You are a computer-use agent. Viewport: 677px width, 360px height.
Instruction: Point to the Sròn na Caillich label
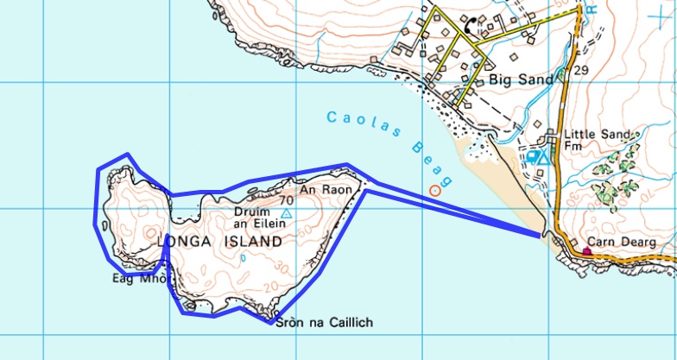(x=324, y=323)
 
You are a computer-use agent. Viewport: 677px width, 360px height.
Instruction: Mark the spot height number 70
(x=287, y=200)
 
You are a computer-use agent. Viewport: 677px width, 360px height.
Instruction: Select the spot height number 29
(x=580, y=69)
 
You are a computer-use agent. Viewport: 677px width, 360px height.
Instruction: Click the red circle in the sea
(x=434, y=190)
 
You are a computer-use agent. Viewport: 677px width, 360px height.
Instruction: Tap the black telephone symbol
(x=471, y=25)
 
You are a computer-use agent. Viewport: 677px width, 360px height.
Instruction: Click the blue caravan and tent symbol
(x=538, y=157)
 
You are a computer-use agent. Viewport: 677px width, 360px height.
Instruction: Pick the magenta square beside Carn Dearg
(x=588, y=252)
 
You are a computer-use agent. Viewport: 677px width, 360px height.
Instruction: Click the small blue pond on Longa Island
(x=243, y=258)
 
